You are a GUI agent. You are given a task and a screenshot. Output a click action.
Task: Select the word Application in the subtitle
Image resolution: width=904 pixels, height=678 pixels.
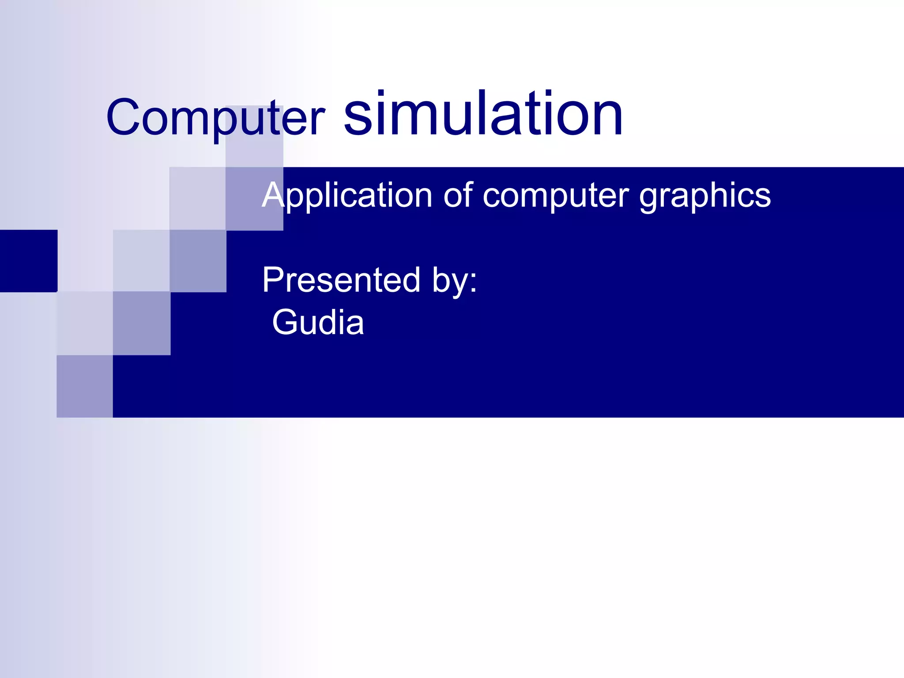coord(347,195)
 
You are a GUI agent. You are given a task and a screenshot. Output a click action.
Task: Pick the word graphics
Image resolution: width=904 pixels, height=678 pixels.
coord(705,195)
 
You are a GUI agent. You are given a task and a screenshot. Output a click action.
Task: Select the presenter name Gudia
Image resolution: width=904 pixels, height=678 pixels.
coord(318,322)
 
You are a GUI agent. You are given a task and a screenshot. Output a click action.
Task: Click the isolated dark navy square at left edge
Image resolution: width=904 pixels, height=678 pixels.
coord(29,261)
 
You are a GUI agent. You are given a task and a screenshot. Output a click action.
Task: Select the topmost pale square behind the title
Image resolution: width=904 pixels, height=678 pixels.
coord(254,136)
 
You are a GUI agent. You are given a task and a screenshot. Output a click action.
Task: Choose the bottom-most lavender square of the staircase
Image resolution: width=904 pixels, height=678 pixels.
coord(85,386)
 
